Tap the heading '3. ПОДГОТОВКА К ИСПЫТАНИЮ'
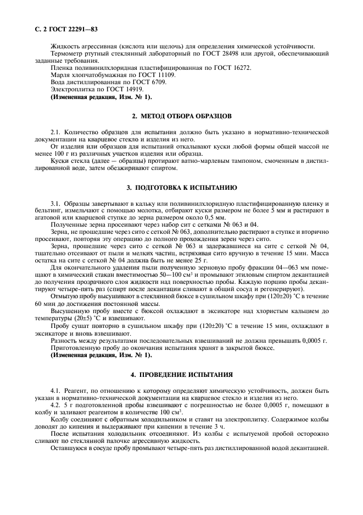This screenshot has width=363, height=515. pyautogui.click(x=182, y=188)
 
